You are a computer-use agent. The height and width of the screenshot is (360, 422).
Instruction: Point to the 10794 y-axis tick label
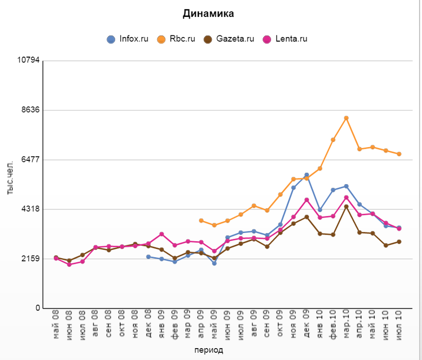pos(28,61)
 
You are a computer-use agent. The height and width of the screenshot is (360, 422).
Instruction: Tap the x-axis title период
pos(209,350)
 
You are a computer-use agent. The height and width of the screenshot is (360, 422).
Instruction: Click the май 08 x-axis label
pos(56,322)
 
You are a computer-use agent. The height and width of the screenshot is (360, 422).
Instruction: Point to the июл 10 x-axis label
pos(399,322)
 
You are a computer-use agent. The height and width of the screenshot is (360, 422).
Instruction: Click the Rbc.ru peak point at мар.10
pos(346,118)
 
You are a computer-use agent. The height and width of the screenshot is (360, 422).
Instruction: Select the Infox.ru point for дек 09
pos(307,175)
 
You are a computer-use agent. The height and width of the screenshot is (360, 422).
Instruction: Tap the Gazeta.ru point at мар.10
pos(346,207)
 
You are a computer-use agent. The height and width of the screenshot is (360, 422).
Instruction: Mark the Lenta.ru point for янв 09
pos(161,234)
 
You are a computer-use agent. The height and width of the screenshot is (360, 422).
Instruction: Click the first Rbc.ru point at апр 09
pos(201,221)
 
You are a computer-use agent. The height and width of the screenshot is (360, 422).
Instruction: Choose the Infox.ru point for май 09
pos(214,263)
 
